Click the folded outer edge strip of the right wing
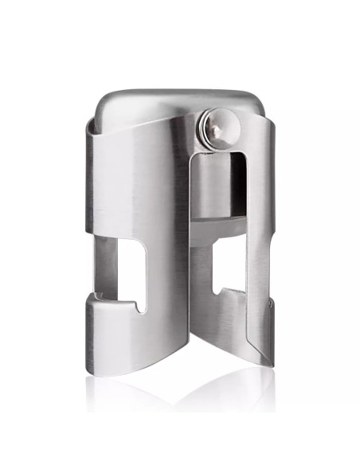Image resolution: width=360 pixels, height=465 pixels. tap(268, 239)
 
